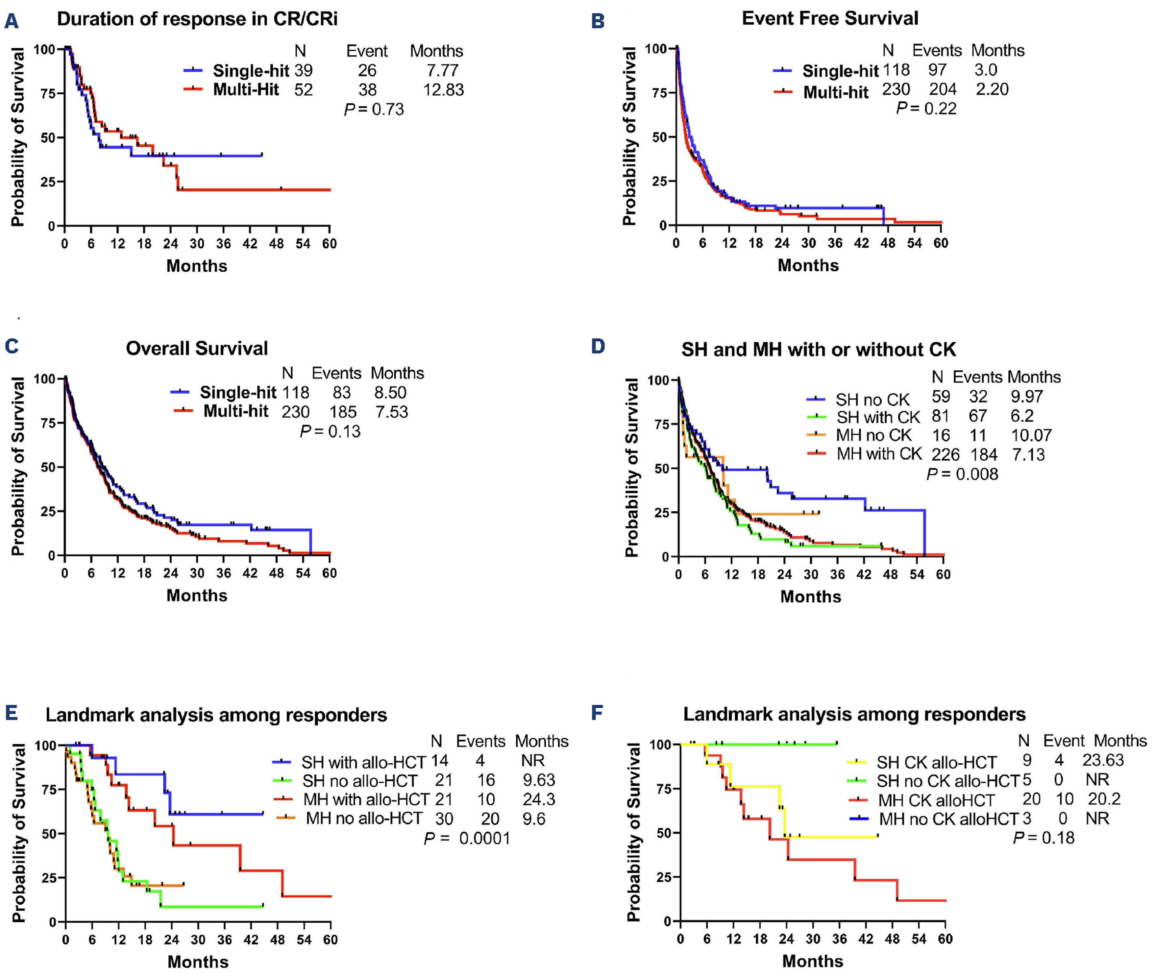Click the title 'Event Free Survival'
[830, 18]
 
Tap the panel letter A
[11, 21]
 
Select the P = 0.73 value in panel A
[374, 109]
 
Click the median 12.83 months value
[444, 90]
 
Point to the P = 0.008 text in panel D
[962, 474]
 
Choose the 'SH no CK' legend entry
[872, 400]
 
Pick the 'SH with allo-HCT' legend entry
[363, 762]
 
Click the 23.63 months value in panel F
[1103, 760]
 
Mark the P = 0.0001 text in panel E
[467, 838]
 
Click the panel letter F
[597, 712]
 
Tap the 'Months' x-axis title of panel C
[197, 595]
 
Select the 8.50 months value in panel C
[390, 392]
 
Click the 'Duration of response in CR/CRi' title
[197, 19]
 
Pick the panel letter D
[598, 346]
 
